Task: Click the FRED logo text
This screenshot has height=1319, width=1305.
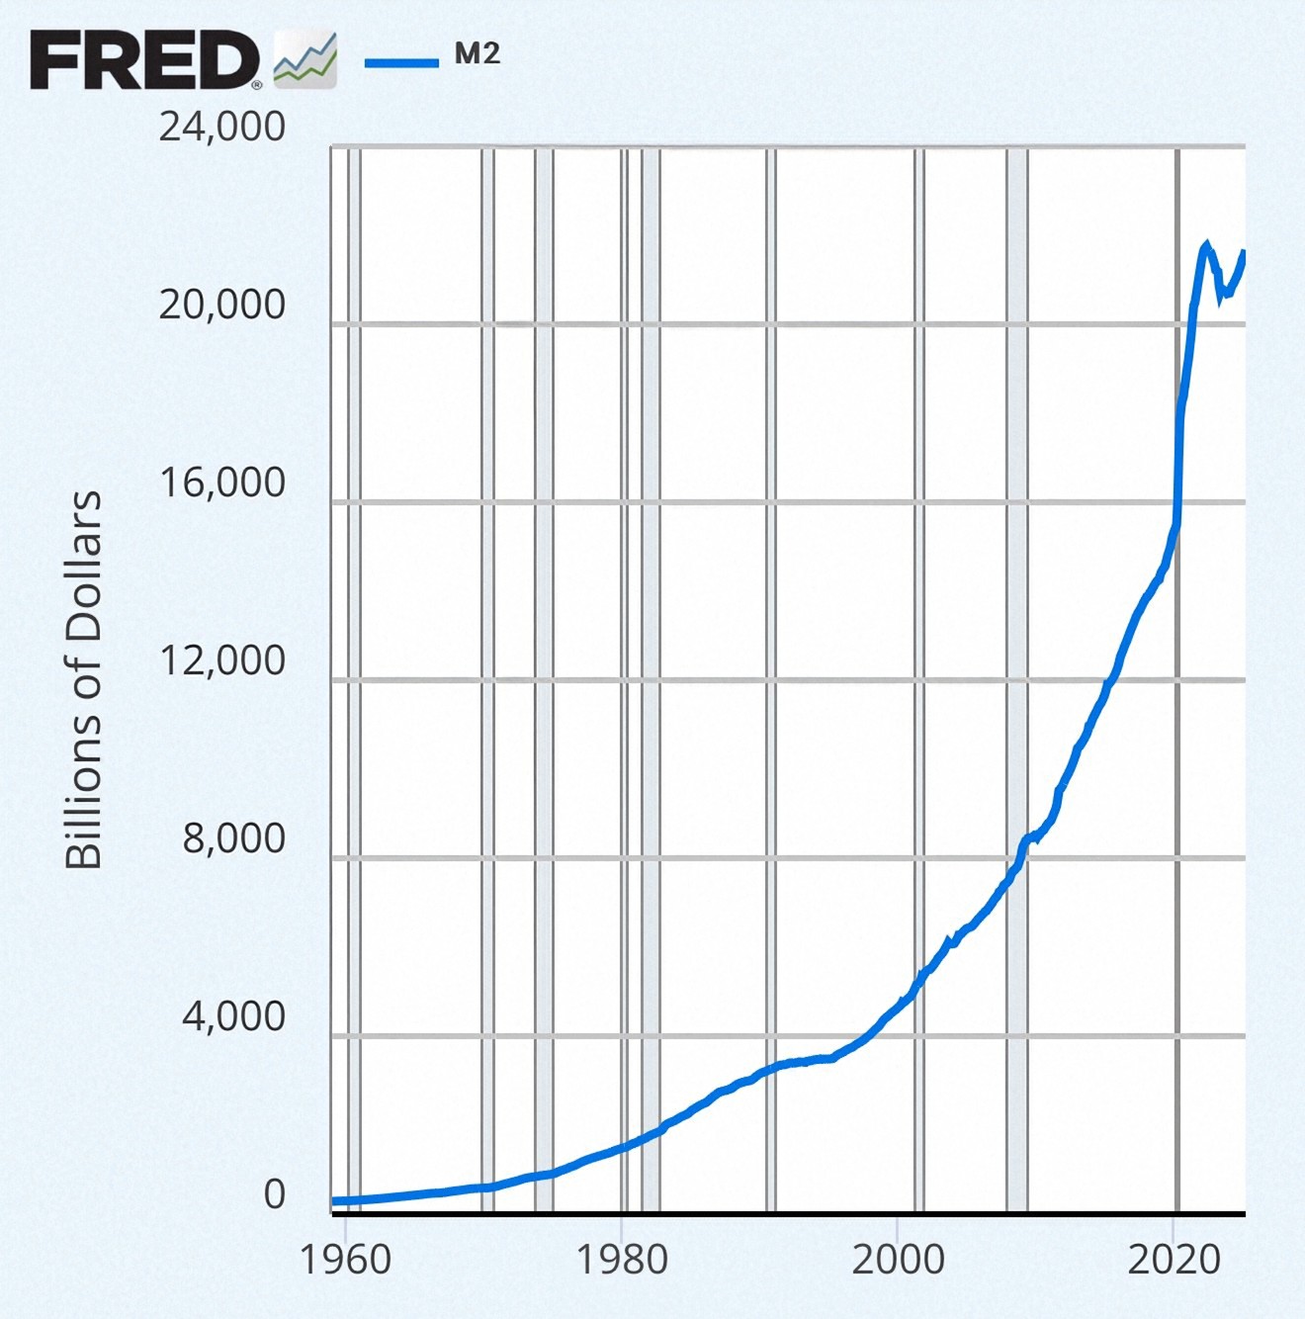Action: (144, 60)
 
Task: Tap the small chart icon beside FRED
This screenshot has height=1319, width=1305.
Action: (304, 60)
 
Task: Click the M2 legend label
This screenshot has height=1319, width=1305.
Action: (478, 55)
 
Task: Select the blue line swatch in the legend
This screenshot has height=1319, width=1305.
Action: (401, 63)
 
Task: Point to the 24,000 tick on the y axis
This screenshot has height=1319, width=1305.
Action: (222, 127)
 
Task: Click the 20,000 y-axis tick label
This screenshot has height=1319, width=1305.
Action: (222, 305)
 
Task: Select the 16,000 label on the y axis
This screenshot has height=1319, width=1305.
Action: (222, 483)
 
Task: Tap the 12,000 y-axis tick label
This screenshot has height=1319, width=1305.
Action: (222, 660)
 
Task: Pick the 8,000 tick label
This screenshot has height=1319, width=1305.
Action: (234, 838)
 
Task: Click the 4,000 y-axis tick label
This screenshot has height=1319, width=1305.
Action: (234, 1016)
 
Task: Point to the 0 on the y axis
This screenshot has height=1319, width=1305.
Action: (274, 1194)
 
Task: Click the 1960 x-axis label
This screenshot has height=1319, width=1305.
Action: (345, 1260)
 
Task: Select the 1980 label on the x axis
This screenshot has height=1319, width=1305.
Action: (622, 1260)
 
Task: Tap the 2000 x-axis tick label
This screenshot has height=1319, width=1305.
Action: (898, 1260)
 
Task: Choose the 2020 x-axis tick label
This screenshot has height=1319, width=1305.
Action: (1174, 1260)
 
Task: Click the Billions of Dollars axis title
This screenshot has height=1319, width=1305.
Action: (84, 680)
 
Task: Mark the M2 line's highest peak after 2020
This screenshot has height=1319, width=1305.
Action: (1205, 244)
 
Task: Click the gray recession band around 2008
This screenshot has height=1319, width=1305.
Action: (1017, 593)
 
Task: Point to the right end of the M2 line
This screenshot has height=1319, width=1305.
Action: (1244, 253)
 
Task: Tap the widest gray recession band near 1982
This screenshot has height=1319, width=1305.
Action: (651, 593)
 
